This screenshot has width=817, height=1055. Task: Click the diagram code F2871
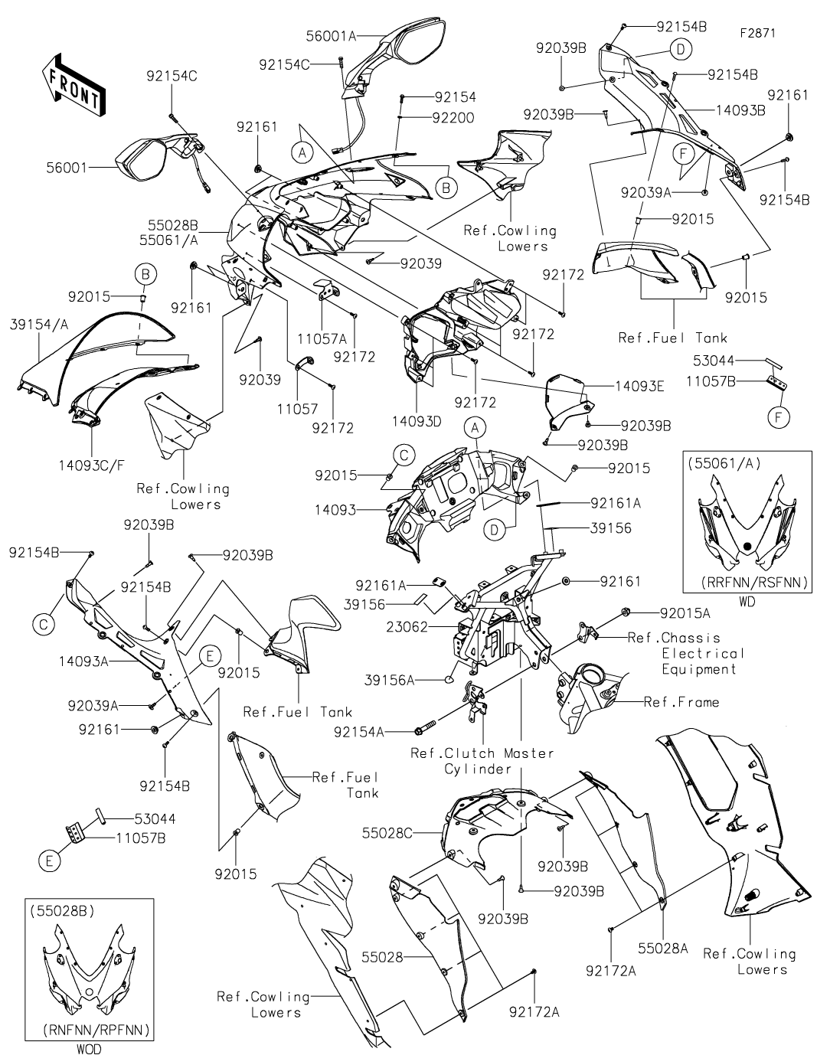pyautogui.click(x=757, y=34)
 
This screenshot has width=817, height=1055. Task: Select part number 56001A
pyautogui.click(x=332, y=35)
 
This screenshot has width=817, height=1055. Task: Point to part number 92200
pyautogui.click(x=453, y=118)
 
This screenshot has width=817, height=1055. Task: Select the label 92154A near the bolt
pyautogui.click(x=359, y=732)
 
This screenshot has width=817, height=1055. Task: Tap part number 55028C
pyautogui.click(x=387, y=831)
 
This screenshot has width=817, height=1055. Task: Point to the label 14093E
pyautogui.click(x=638, y=387)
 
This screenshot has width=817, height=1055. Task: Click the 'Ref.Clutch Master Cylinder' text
pyautogui.click(x=482, y=760)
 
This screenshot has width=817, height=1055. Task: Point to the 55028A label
pyautogui.click(x=664, y=947)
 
